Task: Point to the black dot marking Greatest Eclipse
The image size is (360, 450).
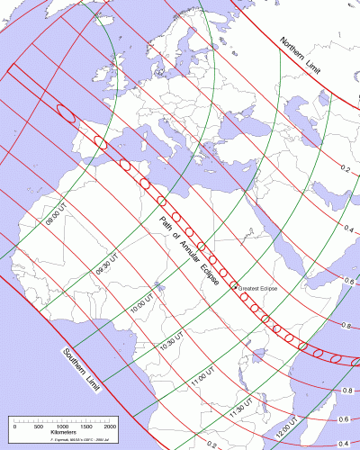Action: (236, 287)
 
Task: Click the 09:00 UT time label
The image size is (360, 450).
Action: (56, 216)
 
